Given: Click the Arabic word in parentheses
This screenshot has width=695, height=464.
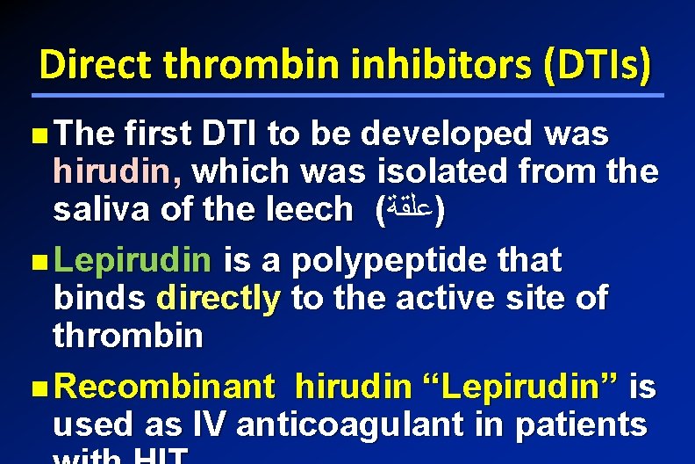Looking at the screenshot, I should pyautogui.click(x=409, y=211).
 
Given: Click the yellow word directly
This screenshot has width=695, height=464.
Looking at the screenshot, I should pyautogui.click(x=218, y=298).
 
